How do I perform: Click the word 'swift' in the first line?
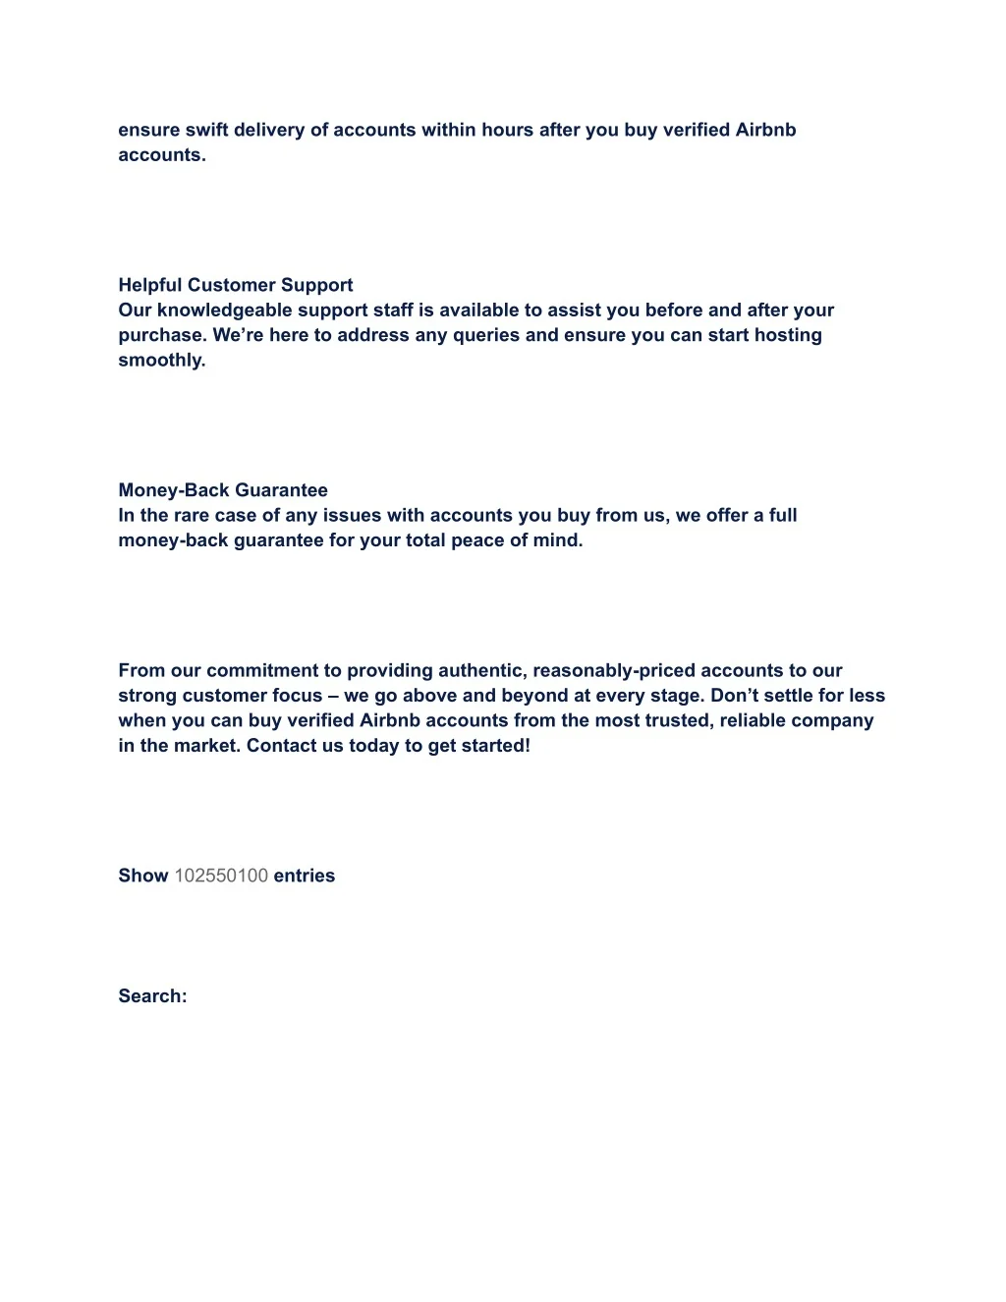click(206, 130)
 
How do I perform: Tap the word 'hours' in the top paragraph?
click(507, 130)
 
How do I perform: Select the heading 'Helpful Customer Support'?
click(236, 285)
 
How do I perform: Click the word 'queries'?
click(486, 335)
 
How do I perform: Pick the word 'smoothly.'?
click(162, 360)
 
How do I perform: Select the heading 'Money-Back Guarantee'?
click(223, 490)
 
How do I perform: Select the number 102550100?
click(221, 876)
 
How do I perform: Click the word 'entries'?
click(305, 876)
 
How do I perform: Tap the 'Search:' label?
click(152, 996)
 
